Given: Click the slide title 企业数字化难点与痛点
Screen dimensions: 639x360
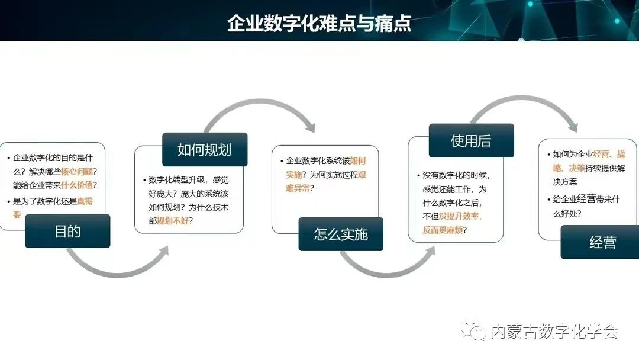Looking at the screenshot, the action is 319,23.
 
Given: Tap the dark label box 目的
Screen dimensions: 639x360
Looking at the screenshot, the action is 67,231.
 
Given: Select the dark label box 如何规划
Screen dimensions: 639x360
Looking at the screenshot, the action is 205,150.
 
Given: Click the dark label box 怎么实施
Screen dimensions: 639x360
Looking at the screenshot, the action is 341,234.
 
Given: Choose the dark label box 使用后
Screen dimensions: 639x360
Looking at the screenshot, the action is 471,141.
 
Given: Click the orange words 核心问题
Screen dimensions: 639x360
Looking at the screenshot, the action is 77,171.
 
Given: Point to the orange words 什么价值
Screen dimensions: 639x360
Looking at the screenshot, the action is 77,185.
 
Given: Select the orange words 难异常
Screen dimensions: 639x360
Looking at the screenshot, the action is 298,188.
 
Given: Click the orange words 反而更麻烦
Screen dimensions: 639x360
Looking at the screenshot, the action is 443,230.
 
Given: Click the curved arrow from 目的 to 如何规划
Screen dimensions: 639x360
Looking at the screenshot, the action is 118,272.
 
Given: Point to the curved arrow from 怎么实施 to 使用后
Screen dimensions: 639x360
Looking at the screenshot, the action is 387,272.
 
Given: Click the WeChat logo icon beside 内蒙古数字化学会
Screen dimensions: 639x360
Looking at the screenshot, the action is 473,330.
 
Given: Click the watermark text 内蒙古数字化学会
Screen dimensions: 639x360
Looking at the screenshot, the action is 554,331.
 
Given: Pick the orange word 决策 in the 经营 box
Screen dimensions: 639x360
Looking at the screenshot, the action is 577,168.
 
